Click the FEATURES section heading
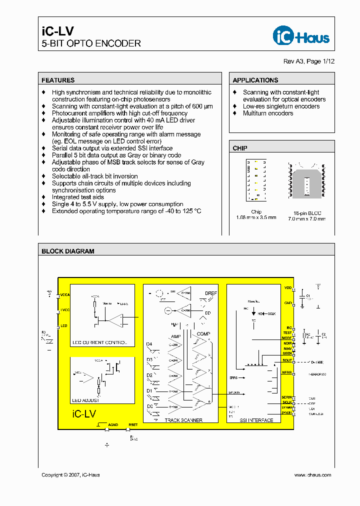(58, 80)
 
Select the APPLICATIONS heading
(255, 80)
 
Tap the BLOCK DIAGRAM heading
(68, 251)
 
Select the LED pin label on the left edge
(63, 326)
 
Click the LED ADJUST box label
(86, 400)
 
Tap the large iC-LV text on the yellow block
(84, 414)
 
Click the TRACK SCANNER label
(183, 420)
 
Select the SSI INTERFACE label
(256, 420)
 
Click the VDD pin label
(287, 288)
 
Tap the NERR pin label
(287, 372)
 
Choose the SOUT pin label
(287, 360)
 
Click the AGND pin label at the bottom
(113, 425)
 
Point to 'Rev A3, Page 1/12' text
(309, 61)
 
